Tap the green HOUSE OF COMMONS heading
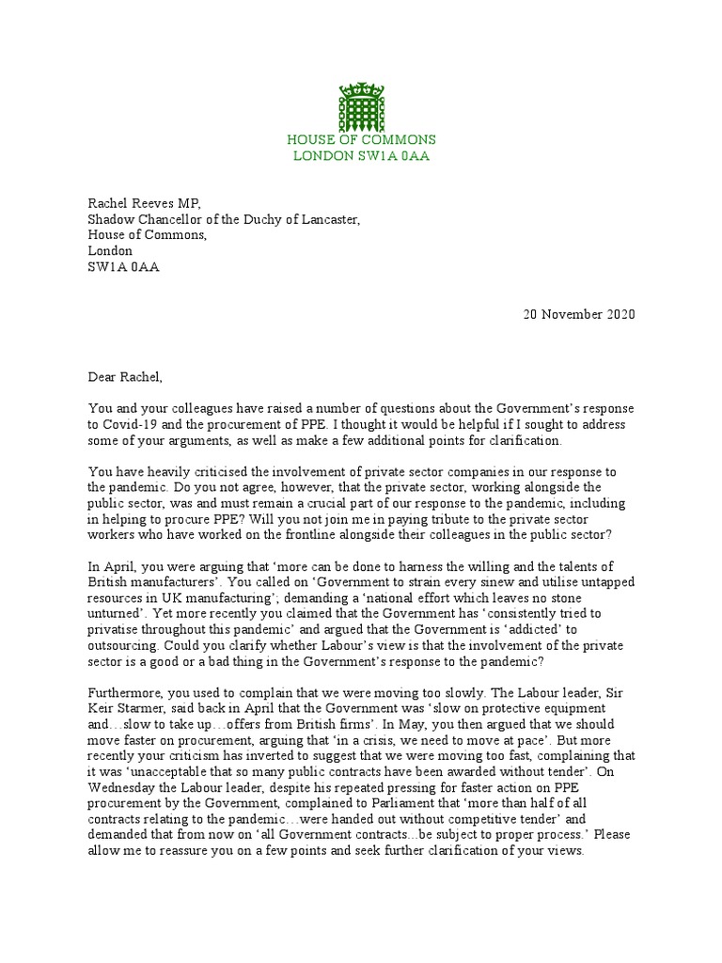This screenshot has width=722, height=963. coord(361,140)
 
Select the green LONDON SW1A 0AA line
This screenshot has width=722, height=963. coord(361,155)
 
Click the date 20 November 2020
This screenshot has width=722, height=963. coord(579,314)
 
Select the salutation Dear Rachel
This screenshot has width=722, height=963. coord(125,378)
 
